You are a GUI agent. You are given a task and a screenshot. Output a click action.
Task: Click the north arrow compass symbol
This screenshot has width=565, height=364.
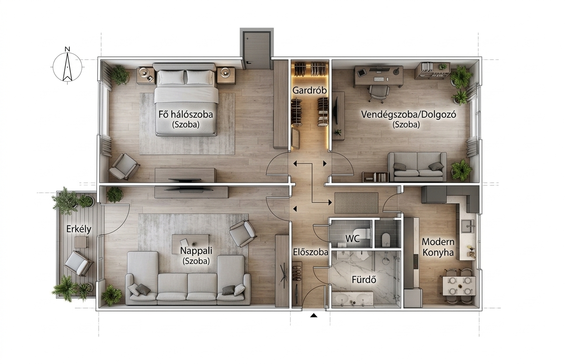tap(67, 67)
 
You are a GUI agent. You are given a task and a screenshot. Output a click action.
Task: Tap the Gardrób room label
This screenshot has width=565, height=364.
tap(309, 91)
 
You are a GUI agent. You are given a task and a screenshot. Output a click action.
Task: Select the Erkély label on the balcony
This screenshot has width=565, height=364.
tap(79, 229)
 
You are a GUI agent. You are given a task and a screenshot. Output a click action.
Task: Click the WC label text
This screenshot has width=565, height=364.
tap(352, 238)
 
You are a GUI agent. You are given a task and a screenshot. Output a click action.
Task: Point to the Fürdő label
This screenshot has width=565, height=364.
tap(364, 280)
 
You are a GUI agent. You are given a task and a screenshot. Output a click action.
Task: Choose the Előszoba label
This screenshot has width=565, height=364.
tap(311, 252)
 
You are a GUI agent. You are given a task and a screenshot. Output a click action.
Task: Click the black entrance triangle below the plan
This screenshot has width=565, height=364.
tap(313, 315)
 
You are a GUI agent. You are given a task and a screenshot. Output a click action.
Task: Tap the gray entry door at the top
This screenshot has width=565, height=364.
tap(257, 50)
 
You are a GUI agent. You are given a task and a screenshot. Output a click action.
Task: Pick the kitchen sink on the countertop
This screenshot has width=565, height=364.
tap(468, 226)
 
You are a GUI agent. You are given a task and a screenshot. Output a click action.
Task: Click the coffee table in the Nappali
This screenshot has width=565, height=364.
tap(191, 244)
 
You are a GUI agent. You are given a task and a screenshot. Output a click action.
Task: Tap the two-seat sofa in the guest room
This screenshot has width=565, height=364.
tap(417, 167)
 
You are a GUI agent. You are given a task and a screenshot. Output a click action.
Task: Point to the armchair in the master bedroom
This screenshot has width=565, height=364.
tap(124, 167)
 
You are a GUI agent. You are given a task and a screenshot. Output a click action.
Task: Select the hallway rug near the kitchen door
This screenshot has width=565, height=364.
tap(357, 203)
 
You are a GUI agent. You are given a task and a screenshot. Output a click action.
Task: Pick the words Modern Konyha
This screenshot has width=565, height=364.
tap(438, 247)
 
